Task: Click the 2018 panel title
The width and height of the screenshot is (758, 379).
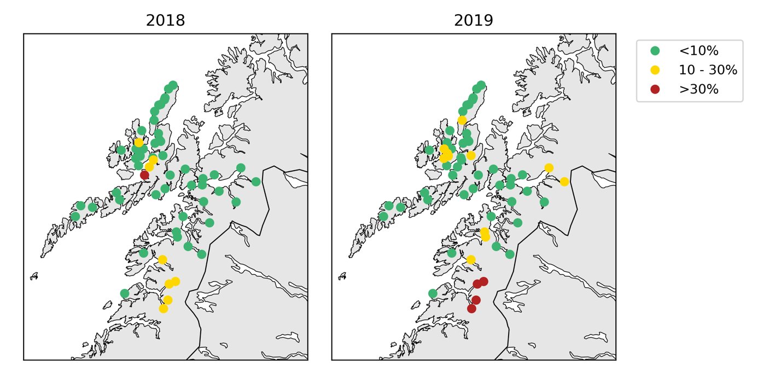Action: pyautogui.click(x=165, y=21)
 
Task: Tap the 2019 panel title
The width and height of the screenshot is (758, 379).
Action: pyautogui.click(x=474, y=21)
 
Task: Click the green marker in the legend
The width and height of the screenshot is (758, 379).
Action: pyautogui.click(x=655, y=51)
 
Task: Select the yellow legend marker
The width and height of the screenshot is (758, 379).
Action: pyautogui.click(x=655, y=70)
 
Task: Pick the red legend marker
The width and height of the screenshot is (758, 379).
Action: pyautogui.click(x=655, y=89)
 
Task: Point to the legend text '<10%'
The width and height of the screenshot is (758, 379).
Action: pyautogui.click(x=698, y=51)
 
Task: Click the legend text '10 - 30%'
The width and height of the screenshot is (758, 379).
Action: pyautogui.click(x=708, y=70)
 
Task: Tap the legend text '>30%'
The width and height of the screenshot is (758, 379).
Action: pyautogui.click(x=698, y=89)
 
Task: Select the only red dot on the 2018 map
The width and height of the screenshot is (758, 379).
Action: pyautogui.click(x=144, y=175)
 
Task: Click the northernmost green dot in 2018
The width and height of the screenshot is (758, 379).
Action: pyautogui.click(x=173, y=85)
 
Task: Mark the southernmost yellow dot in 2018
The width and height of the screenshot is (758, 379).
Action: pyautogui.click(x=164, y=308)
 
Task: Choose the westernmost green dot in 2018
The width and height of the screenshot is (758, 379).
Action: pyautogui.click(x=75, y=217)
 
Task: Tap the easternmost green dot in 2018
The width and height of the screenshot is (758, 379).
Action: pyautogui.click(x=256, y=182)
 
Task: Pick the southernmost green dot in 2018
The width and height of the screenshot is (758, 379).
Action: pyautogui.click(x=125, y=294)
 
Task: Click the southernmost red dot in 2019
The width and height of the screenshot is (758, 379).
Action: pyautogui.click(x=471, y=308)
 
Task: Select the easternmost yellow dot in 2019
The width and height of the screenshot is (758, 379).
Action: pyautogui.click(x=564, y=182)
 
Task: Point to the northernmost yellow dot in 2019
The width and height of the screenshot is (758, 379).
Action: pyautogui.click(x=462, y=120)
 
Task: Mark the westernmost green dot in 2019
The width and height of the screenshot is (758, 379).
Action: pyautogui.click(x=383, y=217)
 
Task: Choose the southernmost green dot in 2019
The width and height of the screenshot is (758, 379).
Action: pyautogui.click(x=433, y=294)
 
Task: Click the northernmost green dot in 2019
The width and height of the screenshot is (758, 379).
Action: pyautogui.click(x=481, y=85)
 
